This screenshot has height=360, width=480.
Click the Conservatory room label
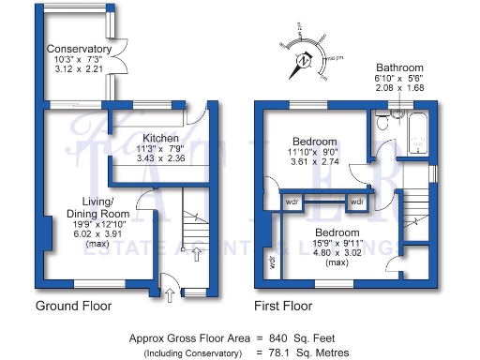(x=80, y=49)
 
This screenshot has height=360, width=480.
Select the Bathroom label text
(x=399, y=68)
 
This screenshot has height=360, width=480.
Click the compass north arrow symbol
(x=305, y=62)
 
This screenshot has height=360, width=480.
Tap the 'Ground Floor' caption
(x=73, y=306)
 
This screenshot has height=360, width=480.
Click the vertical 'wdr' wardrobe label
(x=272, y=262)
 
